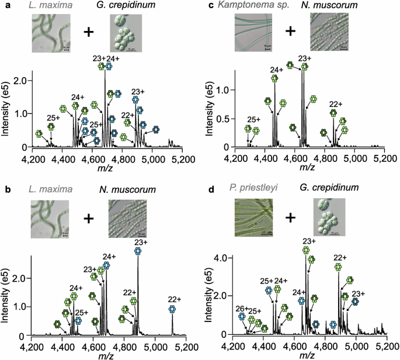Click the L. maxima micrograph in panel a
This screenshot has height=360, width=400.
[51, 33]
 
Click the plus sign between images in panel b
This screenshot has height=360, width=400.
[89, 218]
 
